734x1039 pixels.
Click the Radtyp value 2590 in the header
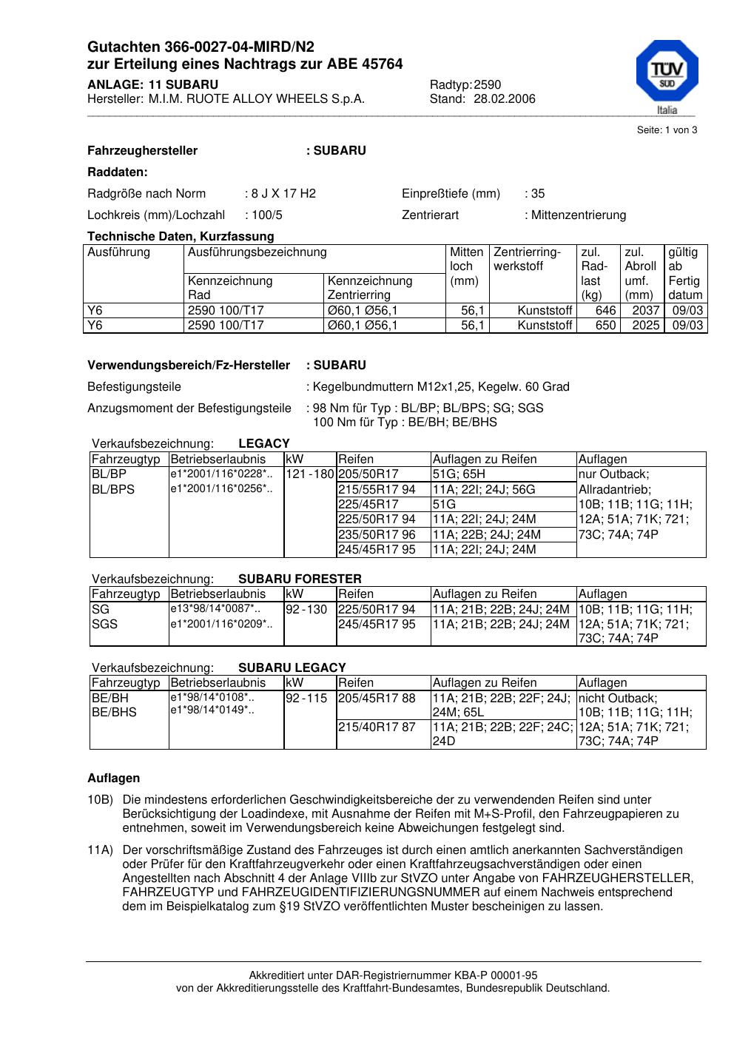coord(488,85)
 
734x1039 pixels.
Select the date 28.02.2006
coord(505,99)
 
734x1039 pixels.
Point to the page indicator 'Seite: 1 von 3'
coord(667,130)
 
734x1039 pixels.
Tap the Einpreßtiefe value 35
coord(538,194)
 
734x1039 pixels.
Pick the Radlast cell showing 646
coord(605,311)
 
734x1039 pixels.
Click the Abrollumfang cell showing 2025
coord(645,326)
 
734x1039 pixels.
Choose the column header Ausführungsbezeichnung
coord(257,252)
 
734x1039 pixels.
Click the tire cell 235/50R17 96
coord(377,534)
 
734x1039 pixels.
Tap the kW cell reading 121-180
coord(310,474)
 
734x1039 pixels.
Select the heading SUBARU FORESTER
coord(300,579)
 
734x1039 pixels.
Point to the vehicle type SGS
coord(104,624)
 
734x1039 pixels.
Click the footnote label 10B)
coord(100,800)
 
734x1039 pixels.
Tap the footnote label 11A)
coord(100,850)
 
